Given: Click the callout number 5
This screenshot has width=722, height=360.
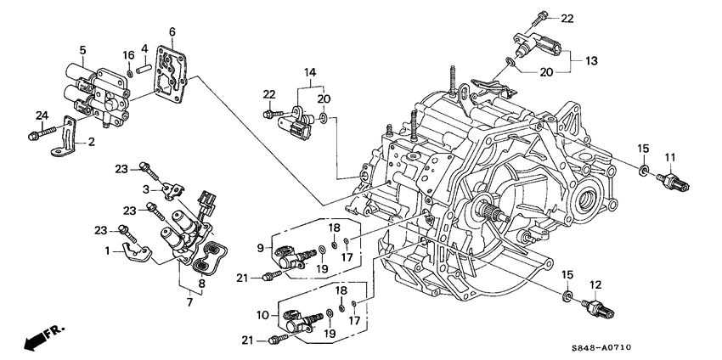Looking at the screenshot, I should pos(82,50).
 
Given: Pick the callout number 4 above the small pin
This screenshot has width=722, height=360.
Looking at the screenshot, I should pos(145,49).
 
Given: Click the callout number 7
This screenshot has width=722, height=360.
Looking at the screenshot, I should pos(189,302).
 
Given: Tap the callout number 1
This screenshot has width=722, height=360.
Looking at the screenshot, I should pos(107,250).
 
